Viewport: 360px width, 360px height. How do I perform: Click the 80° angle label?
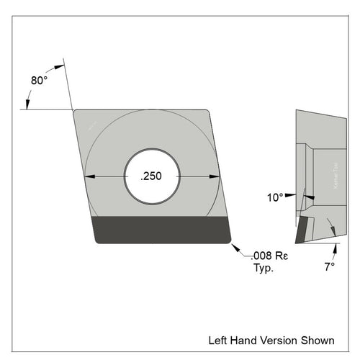(x=40, y=81)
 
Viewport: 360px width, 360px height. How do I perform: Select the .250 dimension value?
(x=152, y=177)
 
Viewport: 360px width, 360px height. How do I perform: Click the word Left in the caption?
(x=219, y=340)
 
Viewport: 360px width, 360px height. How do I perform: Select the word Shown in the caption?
(x=318, y=340)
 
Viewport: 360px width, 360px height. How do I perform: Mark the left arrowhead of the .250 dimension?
(x=89, y=177)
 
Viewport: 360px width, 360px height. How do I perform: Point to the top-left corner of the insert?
(x=74, y=110)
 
